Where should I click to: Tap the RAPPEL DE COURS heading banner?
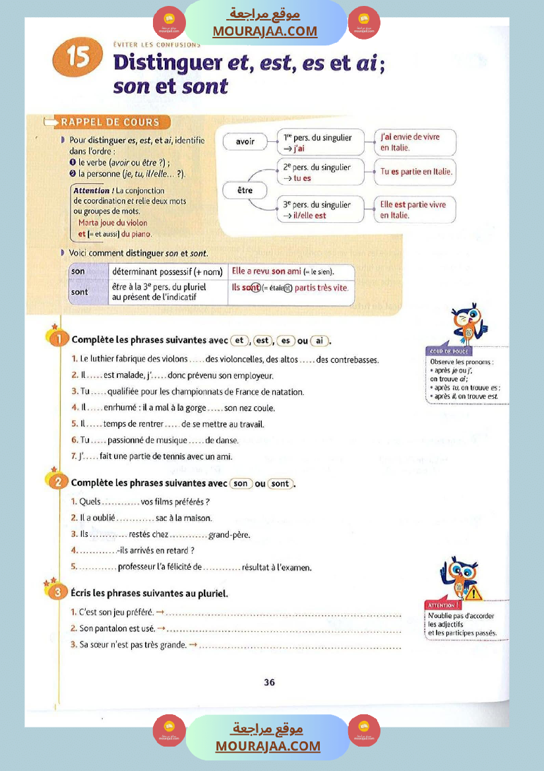pos(109,122)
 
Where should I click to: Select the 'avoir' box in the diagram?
pos(245,141)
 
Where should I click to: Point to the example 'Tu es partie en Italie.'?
pos(416,171)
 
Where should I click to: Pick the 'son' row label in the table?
pos(78,272)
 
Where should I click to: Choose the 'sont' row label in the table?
pos(79,292)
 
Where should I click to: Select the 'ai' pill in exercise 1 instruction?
pos(320,340)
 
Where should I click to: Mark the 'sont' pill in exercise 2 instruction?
pos(280,483)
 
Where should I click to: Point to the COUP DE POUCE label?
pos(448,352)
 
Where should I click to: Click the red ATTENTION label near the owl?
pos(442,605)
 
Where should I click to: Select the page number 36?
pos(269,683)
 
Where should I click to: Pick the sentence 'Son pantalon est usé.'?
pos(116,629)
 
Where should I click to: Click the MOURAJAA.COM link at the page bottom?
pos(267,746)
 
